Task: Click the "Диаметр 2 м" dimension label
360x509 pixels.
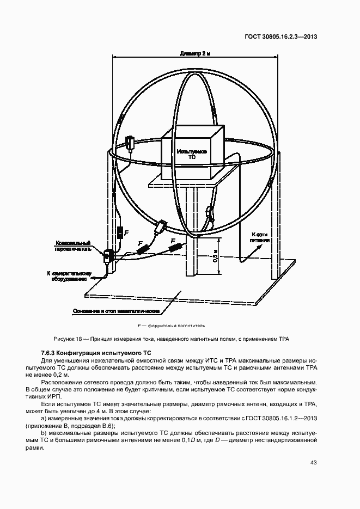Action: (x=195, y=54)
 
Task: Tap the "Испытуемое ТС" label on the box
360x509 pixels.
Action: (x=191, y=154)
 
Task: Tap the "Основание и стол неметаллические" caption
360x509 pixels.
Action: (x=116, y=311)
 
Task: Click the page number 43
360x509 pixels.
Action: (x=314, y=463)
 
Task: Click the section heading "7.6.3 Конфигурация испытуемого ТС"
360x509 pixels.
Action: (x=96, y=353)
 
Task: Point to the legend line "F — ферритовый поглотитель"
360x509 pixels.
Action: (x=171, y=326)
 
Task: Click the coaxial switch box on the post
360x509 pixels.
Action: (x=108, y=254)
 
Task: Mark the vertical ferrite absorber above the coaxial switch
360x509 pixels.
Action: (x=120, y=233)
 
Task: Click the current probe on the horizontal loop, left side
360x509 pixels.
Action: (x=131, y=143)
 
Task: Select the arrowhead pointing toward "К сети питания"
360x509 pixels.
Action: (x=253, y=247)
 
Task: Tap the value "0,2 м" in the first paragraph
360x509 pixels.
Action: (x=61, y=375)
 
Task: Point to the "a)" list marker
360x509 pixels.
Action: (x=44, y=418)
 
